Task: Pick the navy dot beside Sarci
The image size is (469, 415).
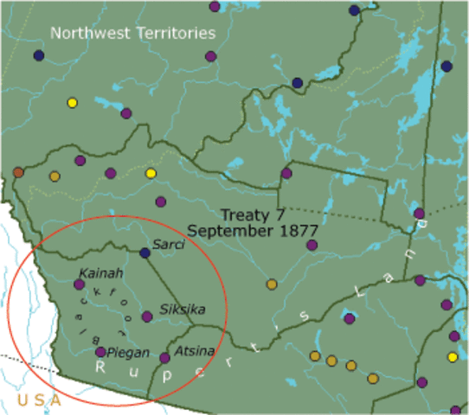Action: tap(145, 253)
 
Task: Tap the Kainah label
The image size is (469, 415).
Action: tap(95, 273)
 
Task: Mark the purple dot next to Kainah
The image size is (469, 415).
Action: tap(79, 284)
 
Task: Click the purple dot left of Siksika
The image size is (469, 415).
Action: tap(147, 316)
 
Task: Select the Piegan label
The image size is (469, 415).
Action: tap(128, 352)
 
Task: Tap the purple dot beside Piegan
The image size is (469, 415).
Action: tap(101, 352)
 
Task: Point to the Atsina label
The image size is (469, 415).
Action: tap(190, 352)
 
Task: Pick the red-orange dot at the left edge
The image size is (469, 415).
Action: tap(18, 172)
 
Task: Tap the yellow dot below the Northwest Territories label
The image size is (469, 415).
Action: tap(73, 103)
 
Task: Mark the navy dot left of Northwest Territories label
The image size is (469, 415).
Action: tap(39, 55)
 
